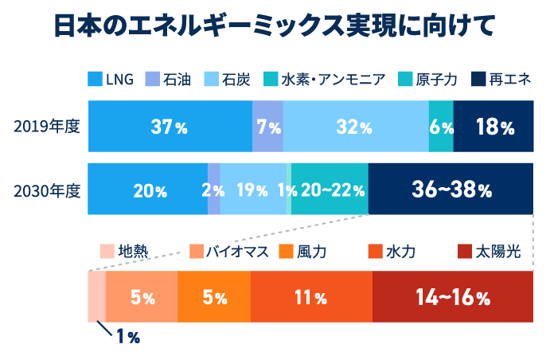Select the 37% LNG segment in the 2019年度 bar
170,127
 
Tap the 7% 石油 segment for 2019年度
268,127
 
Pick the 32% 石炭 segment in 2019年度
355,127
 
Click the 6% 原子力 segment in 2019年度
441,127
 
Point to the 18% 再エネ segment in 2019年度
493,127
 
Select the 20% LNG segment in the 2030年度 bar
149,190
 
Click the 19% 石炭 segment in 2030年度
251,190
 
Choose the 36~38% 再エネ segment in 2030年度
451,190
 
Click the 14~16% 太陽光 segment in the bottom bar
452,297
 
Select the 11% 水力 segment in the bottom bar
310,297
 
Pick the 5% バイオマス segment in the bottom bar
142,297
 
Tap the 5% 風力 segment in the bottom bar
214,297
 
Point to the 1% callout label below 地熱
127,337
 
